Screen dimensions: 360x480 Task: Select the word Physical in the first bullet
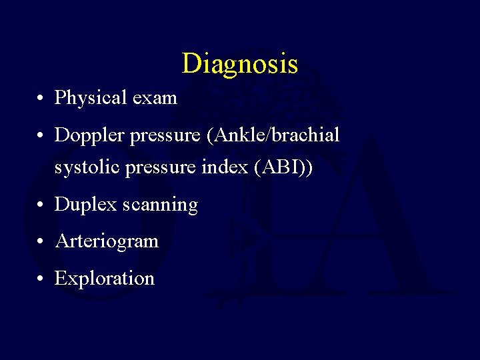(x=82, y=98)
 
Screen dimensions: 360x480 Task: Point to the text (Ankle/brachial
(x=273, y=135)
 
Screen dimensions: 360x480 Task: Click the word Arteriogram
(x=107, y=241)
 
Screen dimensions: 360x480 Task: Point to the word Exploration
(x=105, y=278)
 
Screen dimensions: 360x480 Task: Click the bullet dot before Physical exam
(x=41, y=99)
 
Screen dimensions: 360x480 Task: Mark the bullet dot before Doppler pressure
(x=41, y=137)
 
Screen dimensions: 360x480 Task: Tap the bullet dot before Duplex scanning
(x=41, y=206)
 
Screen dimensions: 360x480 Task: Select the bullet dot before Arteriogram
(x=41, y=242)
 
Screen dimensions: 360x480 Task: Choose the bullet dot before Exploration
(x=41, y=279)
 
